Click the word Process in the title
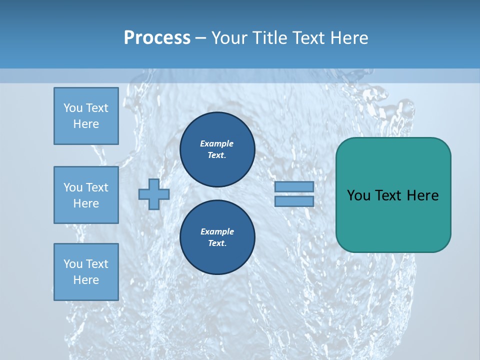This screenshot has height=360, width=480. pyautogui.click(x=157, y=38)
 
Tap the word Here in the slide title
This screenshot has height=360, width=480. pyautogui.click(x=350, y=38)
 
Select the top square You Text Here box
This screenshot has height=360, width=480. pyautogui.click(x=86, y=116)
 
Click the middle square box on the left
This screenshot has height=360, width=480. pyautogui.click(x=86, y=195)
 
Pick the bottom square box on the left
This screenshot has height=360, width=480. pyautogui.click(x=86, y=272)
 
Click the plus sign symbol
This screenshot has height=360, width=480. pyautogui.click(x=154, y=194)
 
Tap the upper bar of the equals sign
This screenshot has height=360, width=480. pyautogui.click(x=294, y=186)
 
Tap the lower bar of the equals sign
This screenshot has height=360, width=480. pyautogui.click(x=294, y=201)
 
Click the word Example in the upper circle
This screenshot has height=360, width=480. pyautogui.click(x=216, y=143)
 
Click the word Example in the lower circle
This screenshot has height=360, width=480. pyautogui.click(x=217, y=231)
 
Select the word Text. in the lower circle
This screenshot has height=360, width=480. pyautogui.click(x=217, y=243)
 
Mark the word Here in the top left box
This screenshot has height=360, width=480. pyautogui.click(x=86, y=124)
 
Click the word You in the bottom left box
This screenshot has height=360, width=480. pyautogui.click(x=72, y=264)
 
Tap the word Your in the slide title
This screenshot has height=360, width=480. pyautogui.click(x=229, y=38)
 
